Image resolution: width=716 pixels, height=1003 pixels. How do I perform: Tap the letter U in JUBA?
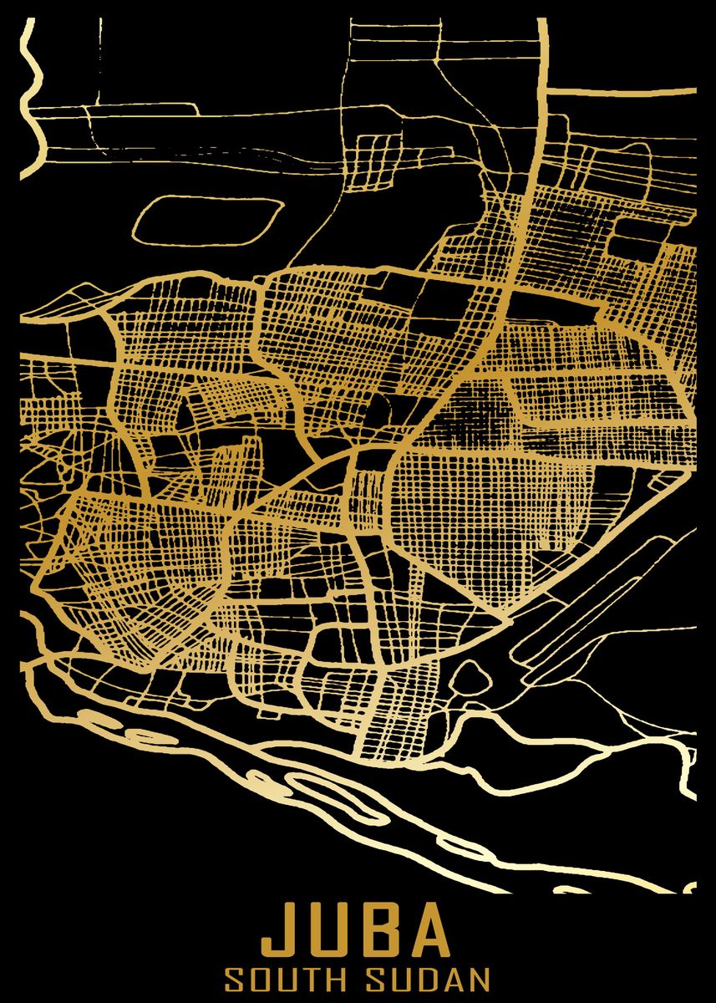pos(332,931)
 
